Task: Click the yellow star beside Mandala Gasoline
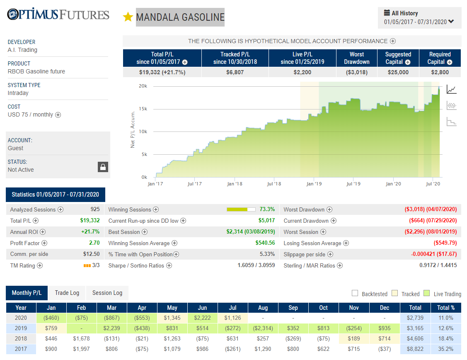pyautogui.click(x=128, y=17)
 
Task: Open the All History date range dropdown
pyautogui.click(x=419, y=18)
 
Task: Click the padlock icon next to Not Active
pyautogui.click(x=103, y=167)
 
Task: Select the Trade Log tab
pyautogui.click(x=67, y=293)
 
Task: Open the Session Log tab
pyautogui.click(x=107, y=293)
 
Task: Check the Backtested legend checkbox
pyautogui.click(x=355, y=293)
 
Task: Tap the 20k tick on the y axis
pyautogui.click(x=143, y=86)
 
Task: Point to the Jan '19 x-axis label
pyautogui.click(x=314, y=184)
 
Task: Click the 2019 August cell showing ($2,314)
pyautogui.click(x=263, y=328)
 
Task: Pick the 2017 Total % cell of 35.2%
pyautogui.click(x=445, y=349)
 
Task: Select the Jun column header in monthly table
pyautogui.click(x=203, y=308)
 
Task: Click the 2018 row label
pyautogui.click(x=21, y=339)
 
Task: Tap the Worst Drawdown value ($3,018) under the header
pyautogui.click(x=356, y=73)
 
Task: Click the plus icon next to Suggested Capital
pyautogui.click(x=408, y=62)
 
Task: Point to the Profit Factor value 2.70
pyautogui.click(x=94, y=243)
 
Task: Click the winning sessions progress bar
pyautogui.click(x=241, y=209)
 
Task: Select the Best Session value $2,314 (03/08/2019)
pyautogui.click(x=250, y=232)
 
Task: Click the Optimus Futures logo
pyautogui.click(x=58, y=14)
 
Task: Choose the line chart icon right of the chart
pyautogui.click(x=452, y=90)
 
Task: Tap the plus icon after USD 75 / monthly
pyautogui.click(x=58, y=115)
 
